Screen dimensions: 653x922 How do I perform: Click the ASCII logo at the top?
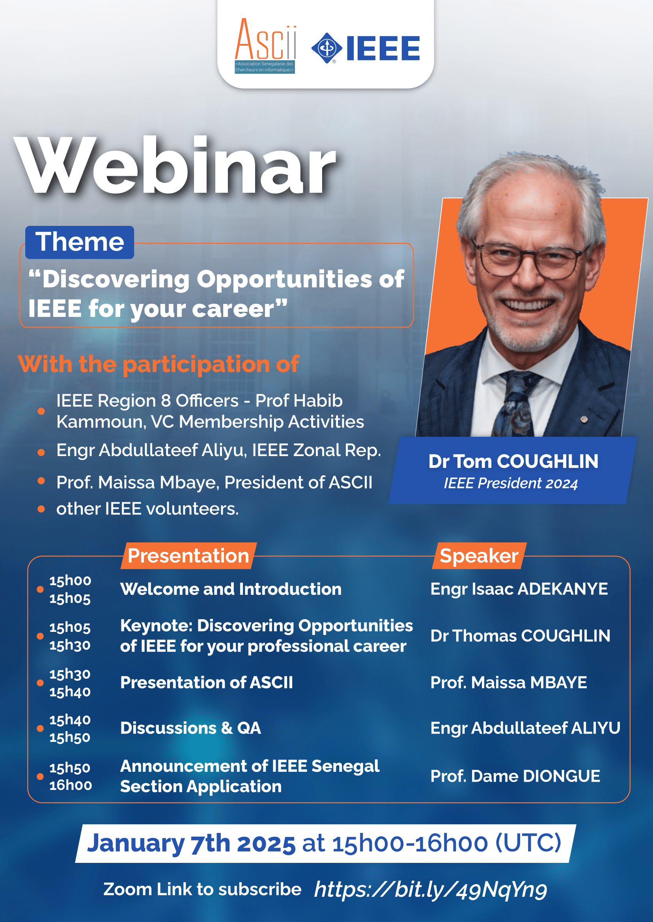(265, 46)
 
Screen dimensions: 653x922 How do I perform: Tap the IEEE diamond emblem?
(326, 48)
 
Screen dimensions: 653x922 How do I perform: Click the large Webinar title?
(175, 165)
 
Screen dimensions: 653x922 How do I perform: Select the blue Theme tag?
(80, 242)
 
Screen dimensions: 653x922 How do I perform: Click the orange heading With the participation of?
(159, 364)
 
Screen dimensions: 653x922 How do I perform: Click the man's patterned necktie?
(517, 404)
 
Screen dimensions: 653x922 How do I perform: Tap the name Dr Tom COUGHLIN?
(513, 461)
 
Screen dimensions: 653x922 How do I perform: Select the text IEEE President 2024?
(511, 483)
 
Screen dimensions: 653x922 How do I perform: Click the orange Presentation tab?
(188, 556)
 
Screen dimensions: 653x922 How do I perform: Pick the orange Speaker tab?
(479, 556)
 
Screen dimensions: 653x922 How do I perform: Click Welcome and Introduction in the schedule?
(231, 589)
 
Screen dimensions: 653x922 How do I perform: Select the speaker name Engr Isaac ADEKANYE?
(519, 589)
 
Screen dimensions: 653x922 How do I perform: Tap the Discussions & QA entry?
(190, 728)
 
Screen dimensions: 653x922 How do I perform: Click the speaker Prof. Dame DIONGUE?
(515, 776)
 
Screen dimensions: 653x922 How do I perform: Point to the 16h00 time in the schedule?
(71, 785)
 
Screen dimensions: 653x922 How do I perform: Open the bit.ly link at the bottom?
(431, 889)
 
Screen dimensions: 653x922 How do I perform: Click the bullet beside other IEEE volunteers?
(41, 509)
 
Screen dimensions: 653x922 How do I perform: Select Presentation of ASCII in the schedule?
(207, 682)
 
